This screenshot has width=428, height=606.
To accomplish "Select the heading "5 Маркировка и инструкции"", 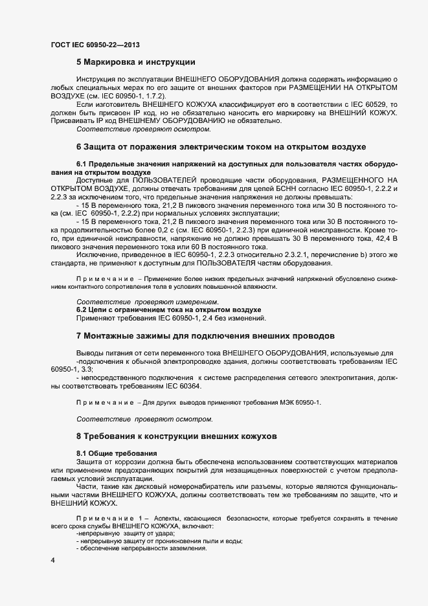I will coord(136,62).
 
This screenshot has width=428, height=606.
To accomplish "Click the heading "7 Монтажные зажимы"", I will coord(205,336).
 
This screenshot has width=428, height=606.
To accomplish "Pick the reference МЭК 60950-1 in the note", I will coord(295,403).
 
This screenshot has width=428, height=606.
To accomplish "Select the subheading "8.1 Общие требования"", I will coord(117,452).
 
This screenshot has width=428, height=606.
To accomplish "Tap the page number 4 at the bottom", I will coord(52,559).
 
